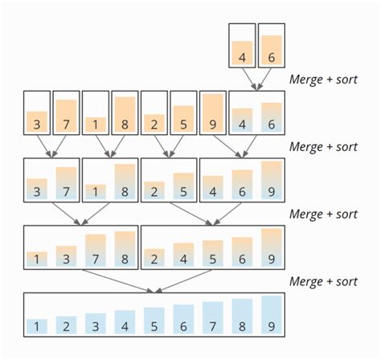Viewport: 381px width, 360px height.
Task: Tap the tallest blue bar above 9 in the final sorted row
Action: [x=272, y=313]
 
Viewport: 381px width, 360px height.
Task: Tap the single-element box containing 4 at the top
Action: [x=243, y=44]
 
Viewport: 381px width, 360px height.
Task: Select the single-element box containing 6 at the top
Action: [x=272, y=44]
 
